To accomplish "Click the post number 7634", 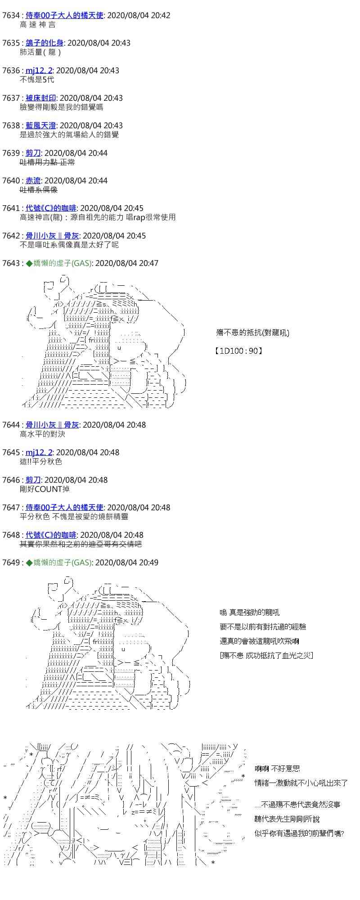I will [11, 15].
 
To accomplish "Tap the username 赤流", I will [33, 180].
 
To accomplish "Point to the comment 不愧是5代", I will [37, 80].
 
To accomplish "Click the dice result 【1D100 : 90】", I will [238, 351].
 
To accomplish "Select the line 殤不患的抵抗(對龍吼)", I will [252, 333].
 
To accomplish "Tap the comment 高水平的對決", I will [42, 434].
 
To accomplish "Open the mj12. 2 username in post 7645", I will [39, 452].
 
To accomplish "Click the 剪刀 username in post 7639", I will [33, 153].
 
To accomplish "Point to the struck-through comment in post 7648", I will [81, 544].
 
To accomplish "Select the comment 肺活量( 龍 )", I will [40, 52].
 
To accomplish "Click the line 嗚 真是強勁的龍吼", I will [249, 612].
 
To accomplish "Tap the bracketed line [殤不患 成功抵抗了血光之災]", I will [266, 655].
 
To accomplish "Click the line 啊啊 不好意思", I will [277, 769].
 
